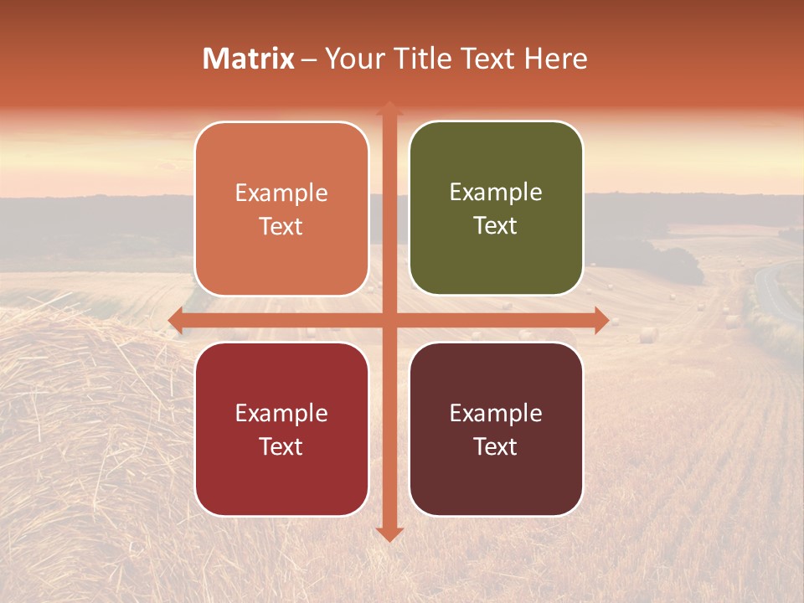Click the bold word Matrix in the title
[249, 59]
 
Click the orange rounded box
[281, 209]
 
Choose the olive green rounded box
[496, 209]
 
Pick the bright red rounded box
[281, 429]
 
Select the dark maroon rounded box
[496, 429]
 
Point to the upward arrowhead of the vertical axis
[389, 108]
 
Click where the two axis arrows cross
[389, 320]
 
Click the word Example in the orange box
[281, 193]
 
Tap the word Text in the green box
[496, 226]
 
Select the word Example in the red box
[281, 413]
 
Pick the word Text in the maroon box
[496, 446]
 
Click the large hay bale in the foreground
[75, 435]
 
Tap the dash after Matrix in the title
[309, 59]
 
